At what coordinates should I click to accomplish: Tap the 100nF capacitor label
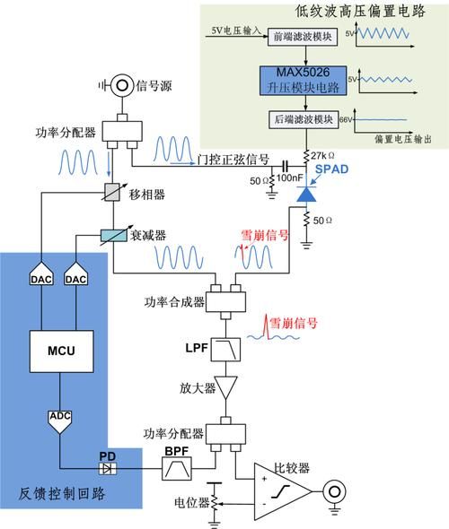[x=288, y=178]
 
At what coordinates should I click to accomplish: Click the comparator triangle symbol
[x=282, y=491]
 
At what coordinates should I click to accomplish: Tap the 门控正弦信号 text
[x=233, y=160]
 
